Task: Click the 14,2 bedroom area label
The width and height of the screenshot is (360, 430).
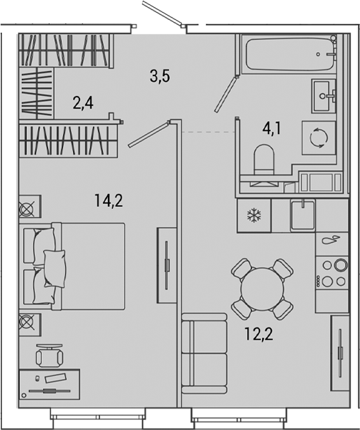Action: (x=108, y=200)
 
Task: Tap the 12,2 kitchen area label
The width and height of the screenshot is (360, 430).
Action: (x=259, y=334)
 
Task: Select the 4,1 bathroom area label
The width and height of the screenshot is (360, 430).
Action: (x=272, y=128)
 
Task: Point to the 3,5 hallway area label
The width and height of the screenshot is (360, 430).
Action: (x=160, y=76)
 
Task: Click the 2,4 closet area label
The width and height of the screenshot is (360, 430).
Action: (x=83, y=103)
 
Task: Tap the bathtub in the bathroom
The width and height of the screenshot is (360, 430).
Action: (x=290, y=54)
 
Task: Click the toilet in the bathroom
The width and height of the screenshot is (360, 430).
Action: (x=264, y=160)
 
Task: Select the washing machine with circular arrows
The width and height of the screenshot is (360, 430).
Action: (x=319, y=138)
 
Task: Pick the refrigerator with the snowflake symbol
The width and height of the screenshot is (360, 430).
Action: (x=254, y=215)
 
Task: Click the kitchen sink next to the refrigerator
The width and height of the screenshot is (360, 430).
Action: (x=303, y=215)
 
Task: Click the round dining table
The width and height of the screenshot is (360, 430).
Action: (x=263, y=289)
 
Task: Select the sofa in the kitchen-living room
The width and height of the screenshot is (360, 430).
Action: (x=204, y=354)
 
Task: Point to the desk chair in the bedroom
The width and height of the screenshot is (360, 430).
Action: (x=50, y=356)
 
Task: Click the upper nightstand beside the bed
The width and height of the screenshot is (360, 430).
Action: (x=30, y=206)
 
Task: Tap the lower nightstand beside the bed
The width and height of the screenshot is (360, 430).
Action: (x=30, y=325)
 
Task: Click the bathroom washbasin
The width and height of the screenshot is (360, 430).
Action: (x=324, y=96)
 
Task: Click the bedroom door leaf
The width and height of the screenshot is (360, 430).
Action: (x=148, y=135)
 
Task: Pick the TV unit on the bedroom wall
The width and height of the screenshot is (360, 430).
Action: (x=166, y=265)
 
